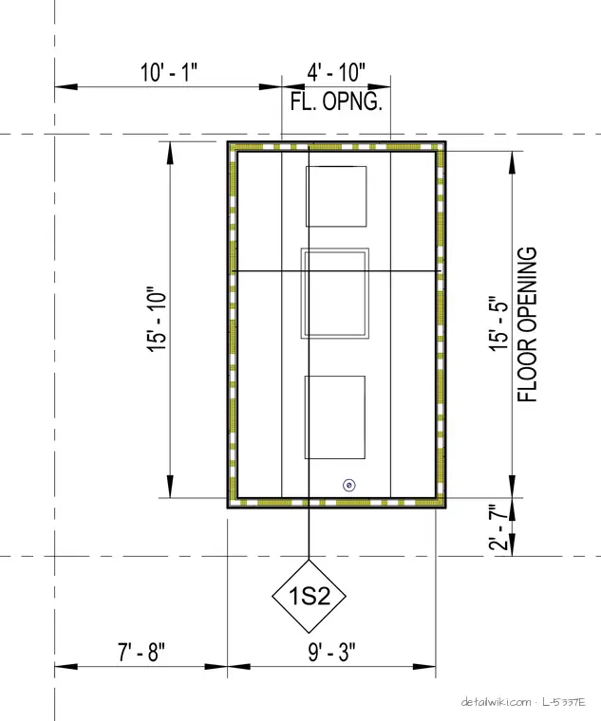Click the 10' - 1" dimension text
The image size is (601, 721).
tap(169, 72)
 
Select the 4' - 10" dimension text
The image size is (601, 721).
tap(336, 72)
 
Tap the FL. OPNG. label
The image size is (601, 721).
tap(336, 102)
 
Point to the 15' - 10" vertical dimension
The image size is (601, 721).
tap(157, 320)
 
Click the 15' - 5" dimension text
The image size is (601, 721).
tap(498, 324)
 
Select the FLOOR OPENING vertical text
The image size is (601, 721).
tap(527, 324)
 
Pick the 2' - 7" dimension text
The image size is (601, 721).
tap(498, 527)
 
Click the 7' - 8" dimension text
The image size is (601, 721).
tap(141, 652)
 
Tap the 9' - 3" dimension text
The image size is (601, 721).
tap(331, 652)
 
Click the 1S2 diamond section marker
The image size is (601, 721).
tap(309, 596)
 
